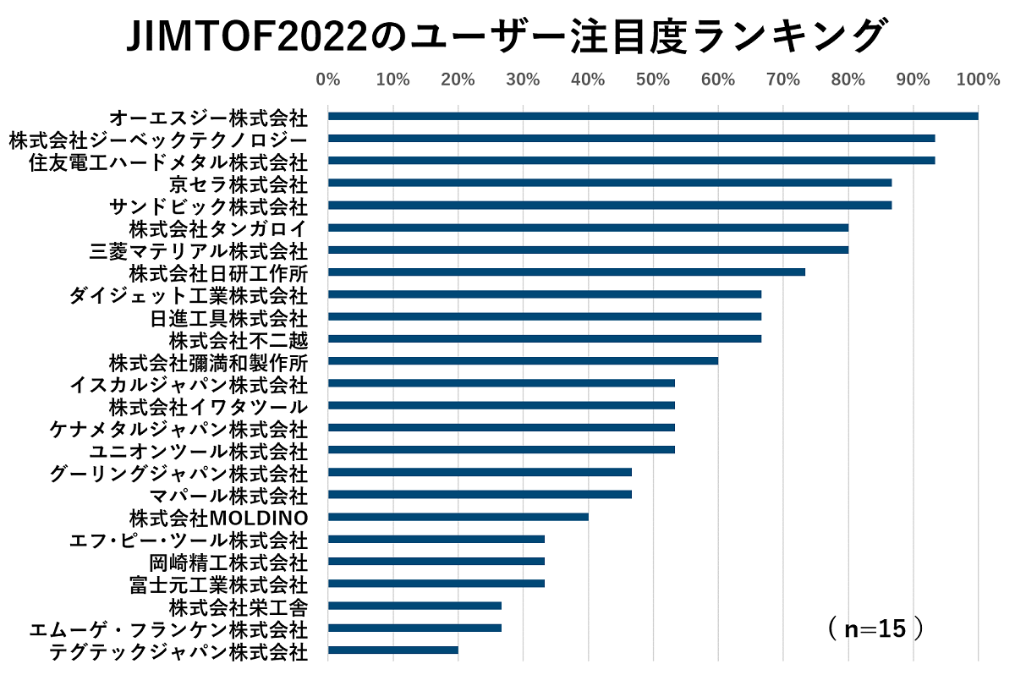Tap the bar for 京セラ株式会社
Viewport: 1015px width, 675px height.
coord(610,183)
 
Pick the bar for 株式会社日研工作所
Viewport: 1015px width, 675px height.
coord(567,272)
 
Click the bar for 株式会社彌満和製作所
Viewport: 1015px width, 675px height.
coord(523,360)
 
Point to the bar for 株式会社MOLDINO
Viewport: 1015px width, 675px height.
coord(458,517)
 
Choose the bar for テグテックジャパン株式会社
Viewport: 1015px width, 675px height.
coord(393,650)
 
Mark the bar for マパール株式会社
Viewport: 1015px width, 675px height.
coord(480,494)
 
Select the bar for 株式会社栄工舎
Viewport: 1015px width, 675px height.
coord(414,606)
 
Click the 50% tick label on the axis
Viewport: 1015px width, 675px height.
coord(653,80)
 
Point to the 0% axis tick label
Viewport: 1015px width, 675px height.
coord(328,80)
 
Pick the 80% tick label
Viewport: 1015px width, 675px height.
coord(848,80)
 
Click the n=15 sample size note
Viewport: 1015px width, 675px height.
coord(875,628)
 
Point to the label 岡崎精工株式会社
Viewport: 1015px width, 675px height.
coord(228,562)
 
